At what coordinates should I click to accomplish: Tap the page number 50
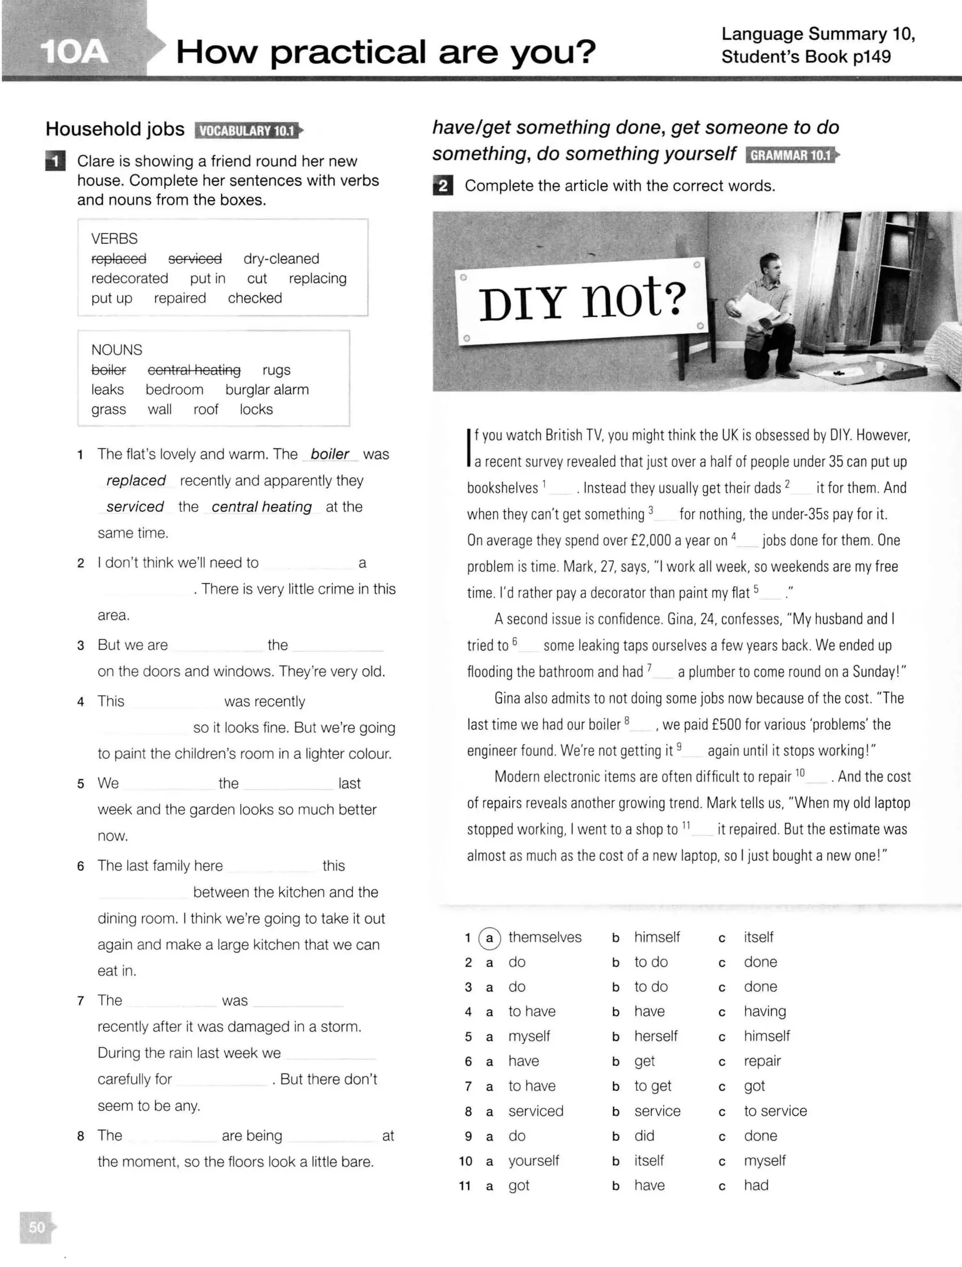37,1226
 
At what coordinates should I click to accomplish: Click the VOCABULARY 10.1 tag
248,131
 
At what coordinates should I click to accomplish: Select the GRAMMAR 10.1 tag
790,155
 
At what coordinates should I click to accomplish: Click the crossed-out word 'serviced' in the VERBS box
194,259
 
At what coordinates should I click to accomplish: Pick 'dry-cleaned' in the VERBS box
281,259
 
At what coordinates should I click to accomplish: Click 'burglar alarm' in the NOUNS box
267,390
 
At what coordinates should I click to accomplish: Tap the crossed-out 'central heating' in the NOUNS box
194,370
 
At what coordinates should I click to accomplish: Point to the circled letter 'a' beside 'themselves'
489,938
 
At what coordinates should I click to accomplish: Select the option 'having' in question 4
764,1011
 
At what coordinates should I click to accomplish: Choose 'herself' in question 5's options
656,1036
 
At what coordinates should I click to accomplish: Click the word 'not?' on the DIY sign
634,298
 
